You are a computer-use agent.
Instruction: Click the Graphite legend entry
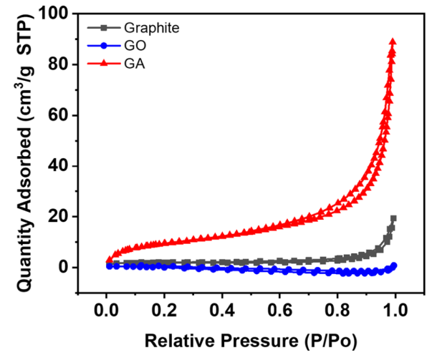pos(150,28)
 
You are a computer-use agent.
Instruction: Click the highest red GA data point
pos(393,42)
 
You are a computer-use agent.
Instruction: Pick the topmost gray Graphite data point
pos(393,218)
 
